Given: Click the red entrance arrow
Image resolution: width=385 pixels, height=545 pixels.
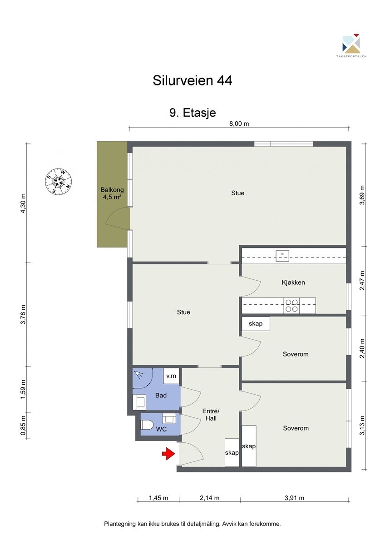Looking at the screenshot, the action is click(x=168, y=453).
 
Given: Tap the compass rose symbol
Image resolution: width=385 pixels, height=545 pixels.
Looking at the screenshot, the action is click(x=59, y=181).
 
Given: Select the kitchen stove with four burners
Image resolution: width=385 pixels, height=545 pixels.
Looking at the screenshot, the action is click(x=291, y=305).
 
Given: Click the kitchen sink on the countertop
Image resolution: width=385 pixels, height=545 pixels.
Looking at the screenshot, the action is click(x=282, y=256).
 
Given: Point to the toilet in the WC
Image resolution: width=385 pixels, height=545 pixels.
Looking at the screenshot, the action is click(x=147, y=425).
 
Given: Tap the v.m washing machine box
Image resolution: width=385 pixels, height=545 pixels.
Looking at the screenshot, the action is click(x=171, y=376).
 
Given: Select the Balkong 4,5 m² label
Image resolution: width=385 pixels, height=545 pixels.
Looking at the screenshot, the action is click(x=112, y=193).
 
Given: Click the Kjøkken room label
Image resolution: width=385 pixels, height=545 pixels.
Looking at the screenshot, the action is click(x=293, y=282).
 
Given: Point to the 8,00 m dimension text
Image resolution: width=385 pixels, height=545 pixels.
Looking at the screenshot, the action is click(x=239, y=124).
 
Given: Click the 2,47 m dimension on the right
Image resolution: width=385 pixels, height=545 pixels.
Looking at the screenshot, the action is click(x=362, y=281).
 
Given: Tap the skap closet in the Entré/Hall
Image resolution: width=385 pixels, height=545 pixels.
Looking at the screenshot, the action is click(x=232, y=452).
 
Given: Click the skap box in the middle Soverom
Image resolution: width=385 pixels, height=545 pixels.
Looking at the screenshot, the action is click(x=256, y=323).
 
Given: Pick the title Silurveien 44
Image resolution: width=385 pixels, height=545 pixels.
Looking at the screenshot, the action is click(x=192, y=80).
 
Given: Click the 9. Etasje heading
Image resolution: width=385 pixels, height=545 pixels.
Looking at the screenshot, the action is click(x=192, y=113).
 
